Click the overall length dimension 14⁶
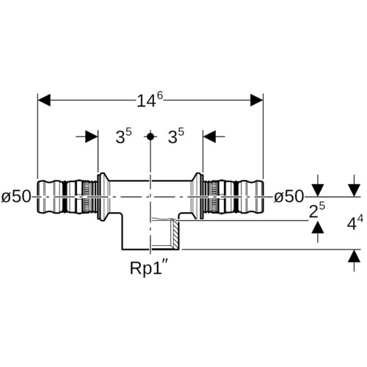[x=150, y=100]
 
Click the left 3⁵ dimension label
[x=123, y=136]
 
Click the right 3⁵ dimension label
[x=176, y=136]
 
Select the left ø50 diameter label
[x=16, y=197]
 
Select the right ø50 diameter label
[x=288, y=197]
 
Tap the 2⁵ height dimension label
[x=317, y=211]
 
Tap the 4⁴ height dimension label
[x=355, y=222]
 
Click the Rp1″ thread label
[x=149, y=268]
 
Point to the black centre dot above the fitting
[x=150, y=137]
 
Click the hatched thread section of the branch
[x=175, y=234]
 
